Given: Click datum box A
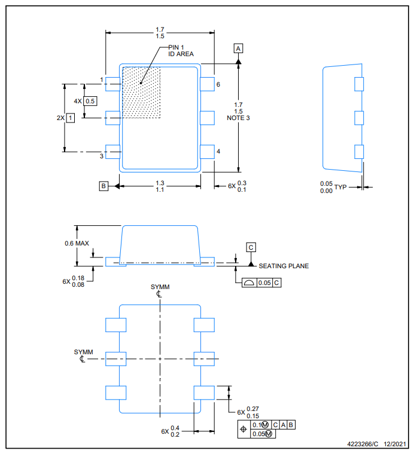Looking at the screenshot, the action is click(x=238, y=48).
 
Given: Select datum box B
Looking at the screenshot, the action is click(x=104, y=186).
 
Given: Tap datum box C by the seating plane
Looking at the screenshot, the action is click(x=251, y=247).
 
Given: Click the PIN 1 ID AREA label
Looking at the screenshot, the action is click(x=181, y=51).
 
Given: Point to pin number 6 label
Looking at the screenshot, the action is click(x=218, y=85).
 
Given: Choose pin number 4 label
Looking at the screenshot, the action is click(x=218, y=151).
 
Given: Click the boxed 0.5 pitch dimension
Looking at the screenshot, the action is click(x=90, y=101).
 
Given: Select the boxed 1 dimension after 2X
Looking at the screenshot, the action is click(x=71, y=118).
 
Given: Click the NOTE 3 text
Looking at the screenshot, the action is click(x=238, y=118).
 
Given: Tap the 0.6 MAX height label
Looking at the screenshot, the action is click(x=77, y=243).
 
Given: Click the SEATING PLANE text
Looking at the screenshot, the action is click(x=284, y=266).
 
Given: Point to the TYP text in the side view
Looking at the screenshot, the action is click(x=340, y=187).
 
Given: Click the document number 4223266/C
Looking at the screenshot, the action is click(x=363, y=444).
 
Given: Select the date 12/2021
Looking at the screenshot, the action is click(x=395, y=444).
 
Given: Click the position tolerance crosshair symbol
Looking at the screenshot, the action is click(x=243, y=429).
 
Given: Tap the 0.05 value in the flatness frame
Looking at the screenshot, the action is click(x=264, y=283).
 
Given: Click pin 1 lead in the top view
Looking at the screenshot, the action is click(x=112, y=84).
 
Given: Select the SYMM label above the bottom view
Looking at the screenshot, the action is click(x=160, y=287).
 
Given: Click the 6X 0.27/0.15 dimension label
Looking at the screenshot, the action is click(x=248, y=412).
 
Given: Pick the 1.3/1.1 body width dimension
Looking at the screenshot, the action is click(x=160, y=186).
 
